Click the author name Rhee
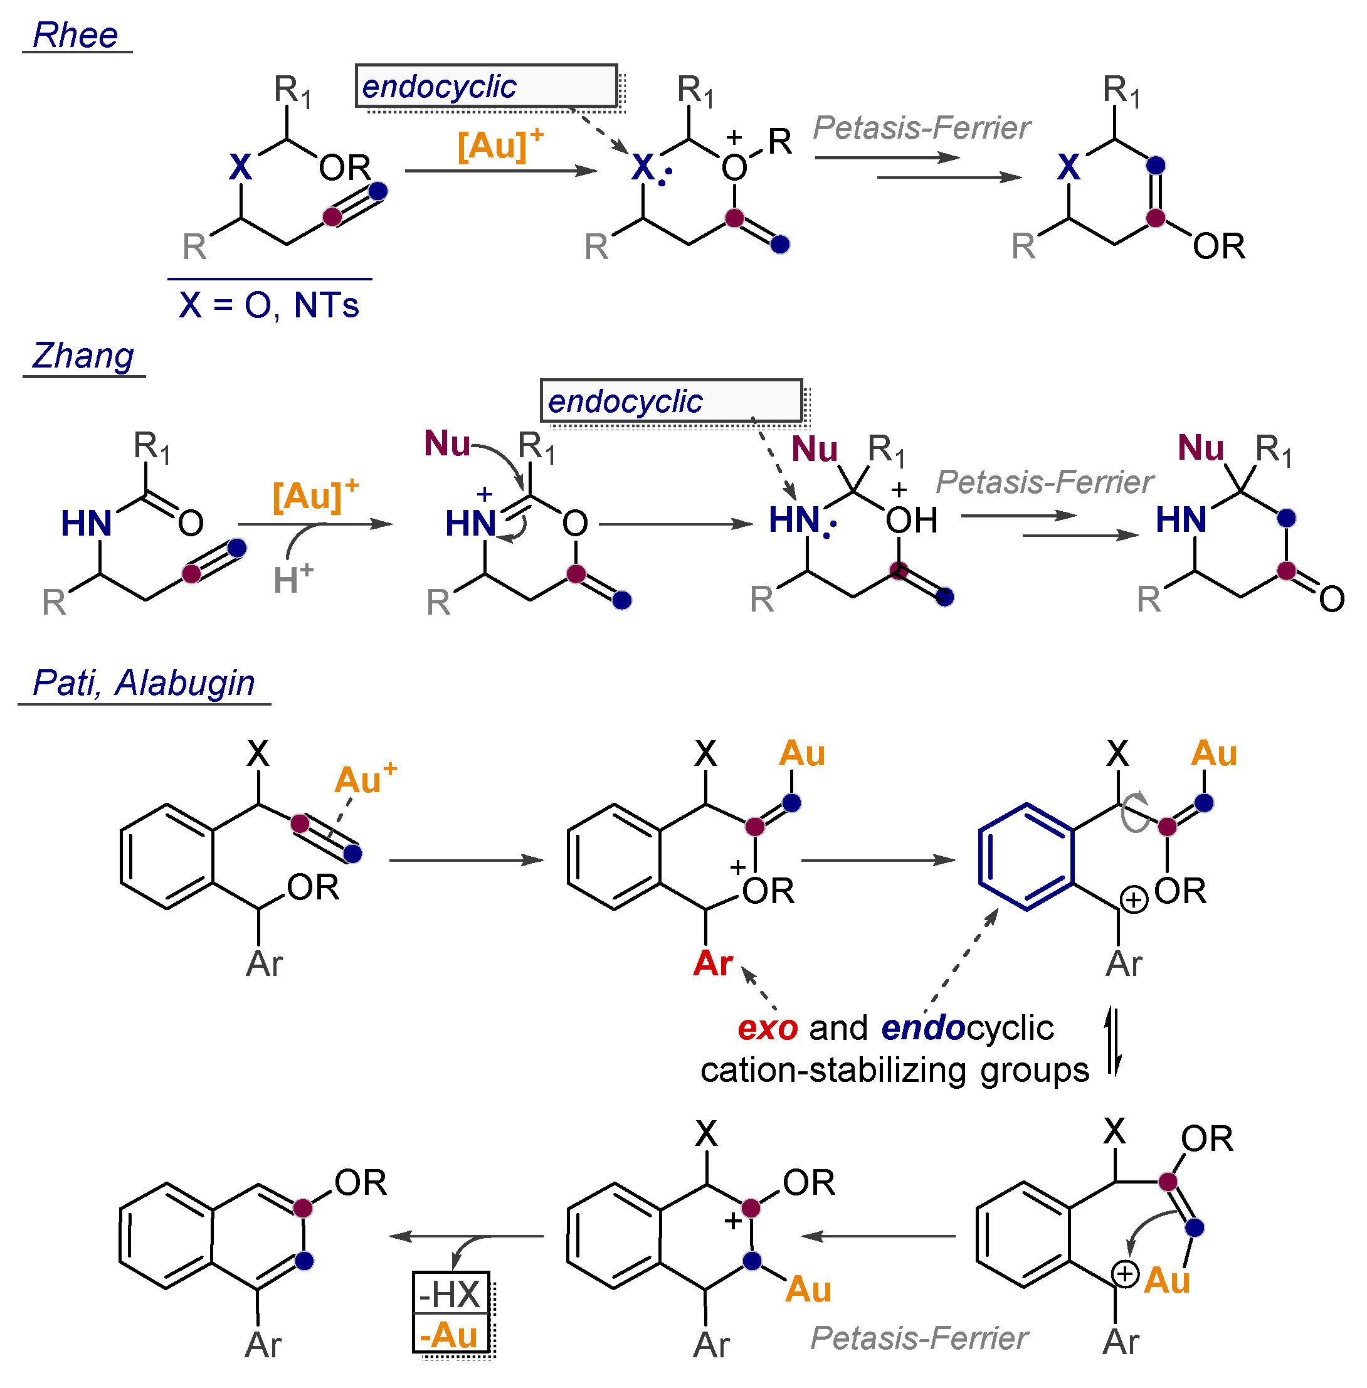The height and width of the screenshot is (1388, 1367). pos(75,35)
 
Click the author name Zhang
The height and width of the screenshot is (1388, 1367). pos(83,356)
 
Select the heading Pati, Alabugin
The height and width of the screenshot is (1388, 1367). pos(144,683)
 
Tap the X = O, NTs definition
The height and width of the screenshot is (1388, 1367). pos(268,305)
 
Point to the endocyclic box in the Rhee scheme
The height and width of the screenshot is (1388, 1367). pos(486,86)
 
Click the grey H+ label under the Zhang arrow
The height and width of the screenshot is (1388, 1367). pos(293,578)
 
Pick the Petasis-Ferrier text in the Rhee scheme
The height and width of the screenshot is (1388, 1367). pos(921,128)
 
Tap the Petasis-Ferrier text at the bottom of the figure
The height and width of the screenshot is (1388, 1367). pos(919,1338)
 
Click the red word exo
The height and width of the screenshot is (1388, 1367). pos(767,1028)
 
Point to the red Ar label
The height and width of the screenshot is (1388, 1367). pos(712,963)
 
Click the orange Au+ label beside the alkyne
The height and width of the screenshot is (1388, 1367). pos(365,780)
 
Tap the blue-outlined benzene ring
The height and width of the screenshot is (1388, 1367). pos(1027,857)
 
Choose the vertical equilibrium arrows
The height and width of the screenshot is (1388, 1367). pos(1113,1041)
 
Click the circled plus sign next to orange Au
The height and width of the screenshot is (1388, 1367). pos(1124,1274)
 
